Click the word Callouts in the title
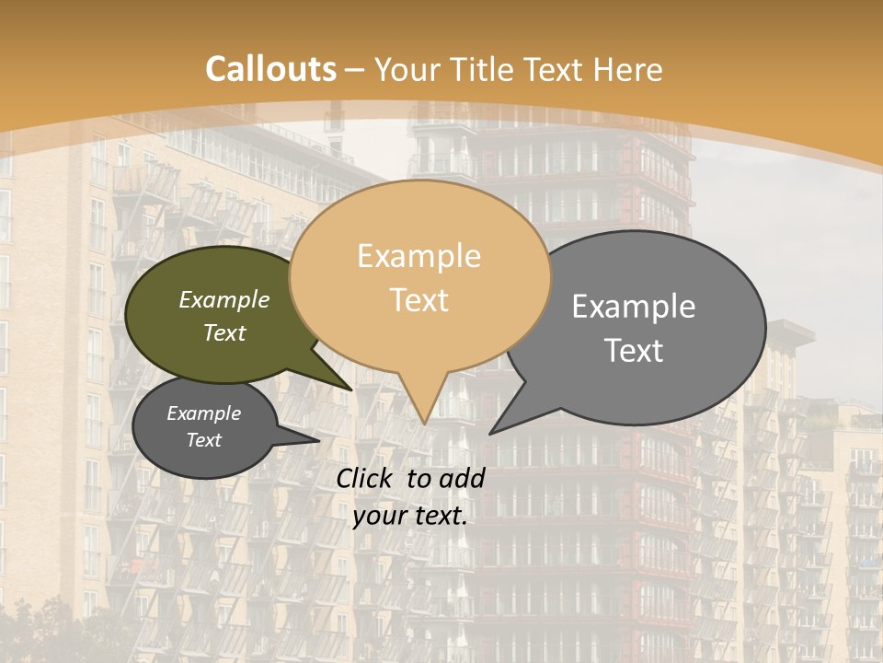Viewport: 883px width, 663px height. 270,69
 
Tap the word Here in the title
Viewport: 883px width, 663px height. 629,69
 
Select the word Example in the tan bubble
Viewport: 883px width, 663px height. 419,256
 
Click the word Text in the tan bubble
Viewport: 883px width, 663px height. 419,300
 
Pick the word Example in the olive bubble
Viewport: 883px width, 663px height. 224,300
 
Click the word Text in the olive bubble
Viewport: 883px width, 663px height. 224,332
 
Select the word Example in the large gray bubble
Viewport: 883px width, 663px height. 634,306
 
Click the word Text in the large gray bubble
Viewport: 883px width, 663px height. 634,350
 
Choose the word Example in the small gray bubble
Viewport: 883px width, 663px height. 203,413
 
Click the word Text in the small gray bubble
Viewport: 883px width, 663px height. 203,440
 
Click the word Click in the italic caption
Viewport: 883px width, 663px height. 366,478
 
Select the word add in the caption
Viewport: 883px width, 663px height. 463,478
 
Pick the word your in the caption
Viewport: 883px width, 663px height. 379,516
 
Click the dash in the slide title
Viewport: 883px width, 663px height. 355,70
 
